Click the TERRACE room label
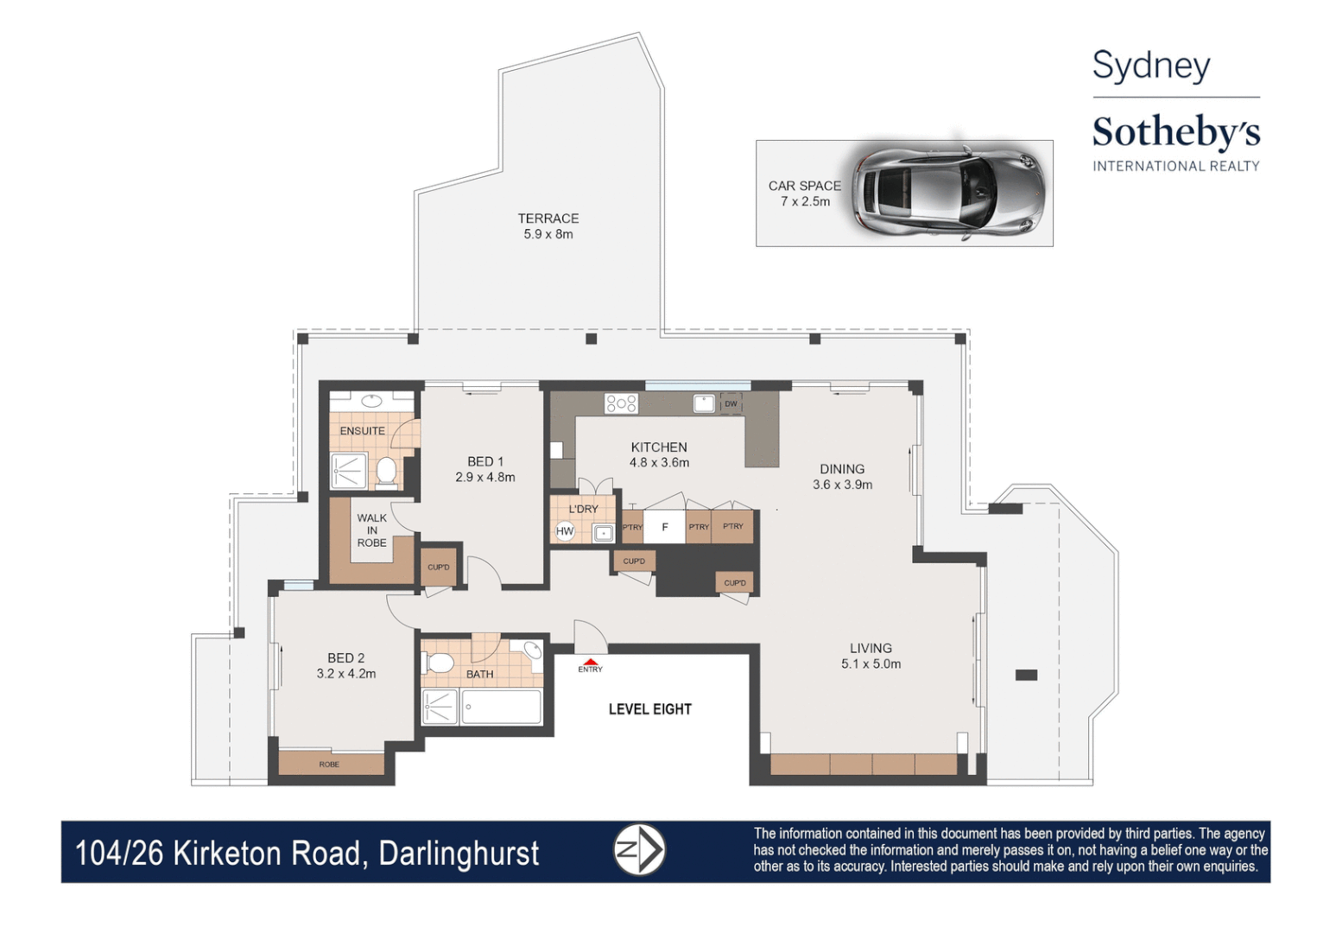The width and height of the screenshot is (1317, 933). point(548,219)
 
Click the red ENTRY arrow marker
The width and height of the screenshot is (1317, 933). point(590,662)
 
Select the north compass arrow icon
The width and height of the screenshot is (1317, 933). point(639,850)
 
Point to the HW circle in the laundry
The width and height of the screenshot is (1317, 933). point(565,531)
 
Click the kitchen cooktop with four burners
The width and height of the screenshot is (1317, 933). point(621,403)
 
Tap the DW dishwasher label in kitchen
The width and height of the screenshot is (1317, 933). point(731,403)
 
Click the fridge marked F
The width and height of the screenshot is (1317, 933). point(664,527)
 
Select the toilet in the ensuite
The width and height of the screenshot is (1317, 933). point(386,472)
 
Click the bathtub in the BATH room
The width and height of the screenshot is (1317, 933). point(502,707)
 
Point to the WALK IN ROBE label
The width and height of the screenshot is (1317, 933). point(372,530)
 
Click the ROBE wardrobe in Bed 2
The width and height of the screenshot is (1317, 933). point(330,764)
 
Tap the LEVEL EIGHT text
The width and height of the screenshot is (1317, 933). point(650,709)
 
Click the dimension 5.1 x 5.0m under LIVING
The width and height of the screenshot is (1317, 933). point(871,664)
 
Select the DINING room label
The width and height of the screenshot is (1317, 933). point(842,469)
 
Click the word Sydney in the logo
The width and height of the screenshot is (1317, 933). point(1151,67)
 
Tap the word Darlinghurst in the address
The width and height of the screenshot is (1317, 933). point(459,854)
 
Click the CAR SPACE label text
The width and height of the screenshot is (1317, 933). point(804,186)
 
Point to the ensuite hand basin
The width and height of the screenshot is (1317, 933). point(372,401)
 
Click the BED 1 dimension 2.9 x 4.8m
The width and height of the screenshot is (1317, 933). point(485,477)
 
